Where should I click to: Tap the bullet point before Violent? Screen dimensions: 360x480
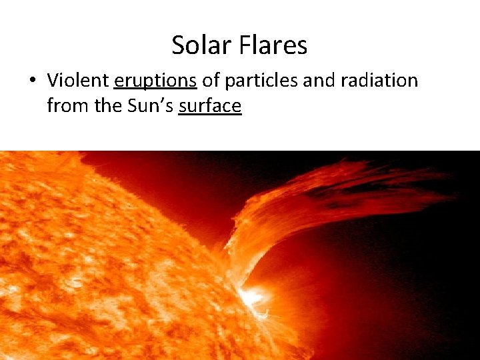point(31,81)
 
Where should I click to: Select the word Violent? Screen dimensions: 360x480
point(78,81)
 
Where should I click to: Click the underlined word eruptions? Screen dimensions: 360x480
point(155,81)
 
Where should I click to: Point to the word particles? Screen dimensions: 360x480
point(261,81)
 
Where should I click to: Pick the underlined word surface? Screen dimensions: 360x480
point(210,105)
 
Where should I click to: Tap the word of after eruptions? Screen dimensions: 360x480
point(211,81)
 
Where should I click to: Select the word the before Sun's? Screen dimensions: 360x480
point(107,105)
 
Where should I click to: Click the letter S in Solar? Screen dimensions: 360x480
point(178,45)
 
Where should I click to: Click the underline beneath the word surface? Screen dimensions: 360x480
point(210,115)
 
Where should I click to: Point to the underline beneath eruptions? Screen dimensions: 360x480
point(155,90)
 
